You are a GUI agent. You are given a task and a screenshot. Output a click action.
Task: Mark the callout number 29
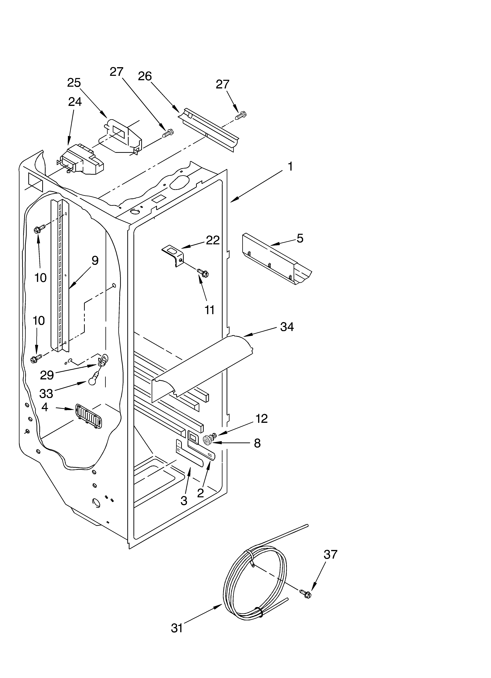pos(47,375)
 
